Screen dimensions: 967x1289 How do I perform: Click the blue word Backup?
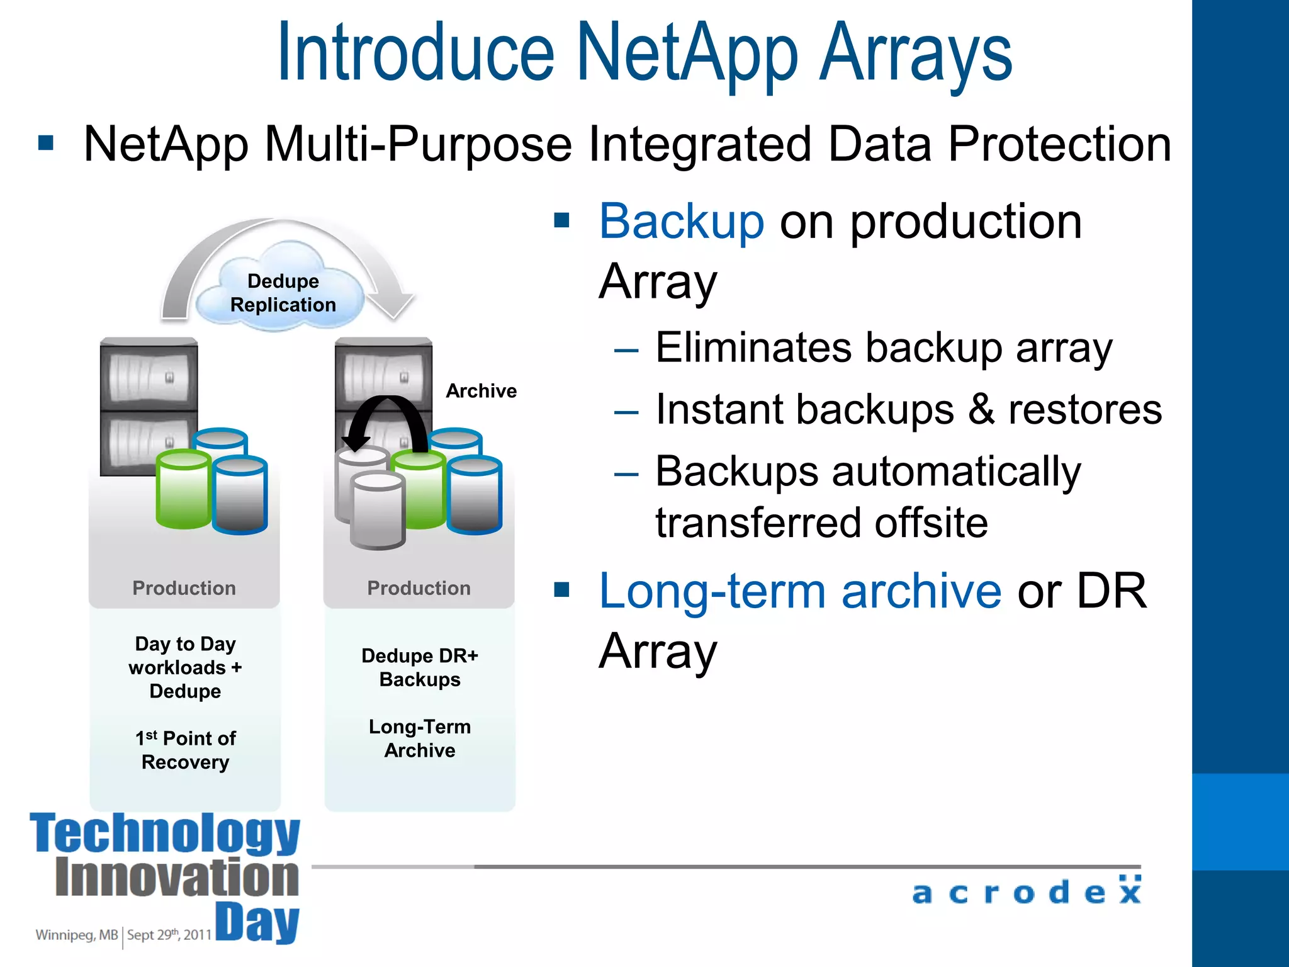[x=681, y=222]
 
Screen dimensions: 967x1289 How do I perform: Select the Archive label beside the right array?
[x=481, y=391]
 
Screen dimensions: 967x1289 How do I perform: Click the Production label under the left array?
[x=184, y=588]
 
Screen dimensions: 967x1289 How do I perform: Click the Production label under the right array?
[x=419, y=588]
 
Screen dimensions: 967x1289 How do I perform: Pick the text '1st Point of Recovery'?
[x=185, y=750]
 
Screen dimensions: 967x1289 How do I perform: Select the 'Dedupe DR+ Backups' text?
[x=420, y=667]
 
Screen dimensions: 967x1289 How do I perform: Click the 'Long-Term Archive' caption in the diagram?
[x=420, y=738]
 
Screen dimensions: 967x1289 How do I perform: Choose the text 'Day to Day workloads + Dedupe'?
[x=185, y=667]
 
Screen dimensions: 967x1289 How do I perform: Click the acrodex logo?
[x=1026, y=891]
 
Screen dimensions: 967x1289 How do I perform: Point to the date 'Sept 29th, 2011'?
[x=169, y=935]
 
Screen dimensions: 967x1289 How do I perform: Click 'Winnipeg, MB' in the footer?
[x=76, y=935]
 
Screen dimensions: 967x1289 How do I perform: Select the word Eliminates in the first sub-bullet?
[x=754, y=348]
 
